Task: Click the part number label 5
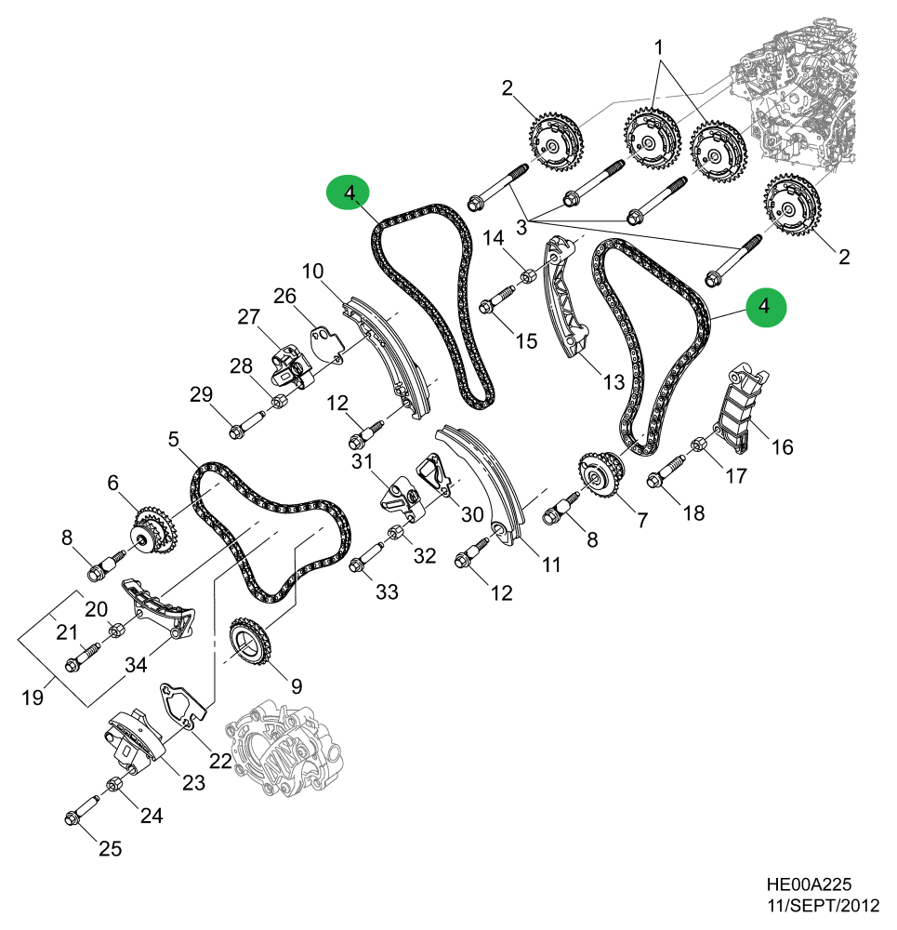[x=173, y=437]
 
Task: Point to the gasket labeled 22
[x=182, y=705]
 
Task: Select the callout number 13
[x=613, y=381]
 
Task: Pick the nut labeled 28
[x=277, y=402]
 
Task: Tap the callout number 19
[x=33, y=697]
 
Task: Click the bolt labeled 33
[x=363, y=561]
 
